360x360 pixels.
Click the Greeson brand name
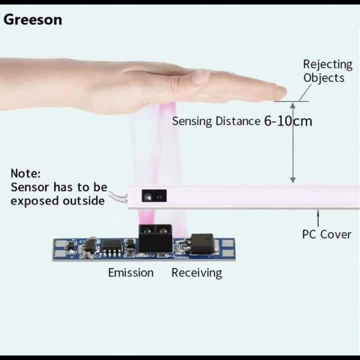tap(33, 19)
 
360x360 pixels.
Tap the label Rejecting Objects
tap(327, 71)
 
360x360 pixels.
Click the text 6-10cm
tap(288, 121)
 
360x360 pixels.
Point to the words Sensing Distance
tap(216, 121)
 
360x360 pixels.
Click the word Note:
tap(25, 173)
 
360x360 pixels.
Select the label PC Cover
tap(326, 234)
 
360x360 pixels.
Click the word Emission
tap(131, 272)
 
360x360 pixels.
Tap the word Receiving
tap(196, 272)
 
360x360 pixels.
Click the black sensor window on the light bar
tap(153, 196)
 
